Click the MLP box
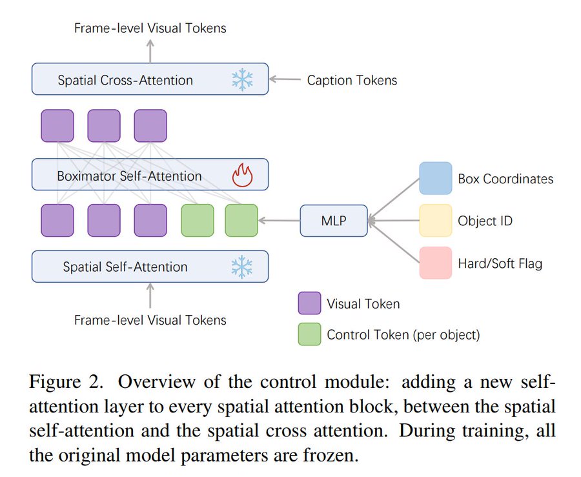(334, 221)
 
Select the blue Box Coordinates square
(436, 178)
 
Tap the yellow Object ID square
(436, 221)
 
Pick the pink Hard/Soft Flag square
(436, 263)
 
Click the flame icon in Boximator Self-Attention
(242, 176)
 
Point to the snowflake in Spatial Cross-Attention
(242, 80)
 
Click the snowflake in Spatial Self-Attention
(242, 267)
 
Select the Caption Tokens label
(352, 81)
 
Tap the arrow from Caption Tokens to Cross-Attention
(285, 80)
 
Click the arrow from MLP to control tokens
(279, 221)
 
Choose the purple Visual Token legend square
(309, 303)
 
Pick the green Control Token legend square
(309, 334)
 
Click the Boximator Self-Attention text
(130, 176)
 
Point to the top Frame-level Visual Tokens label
(150, 28)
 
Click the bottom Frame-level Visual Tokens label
(150, 320)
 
